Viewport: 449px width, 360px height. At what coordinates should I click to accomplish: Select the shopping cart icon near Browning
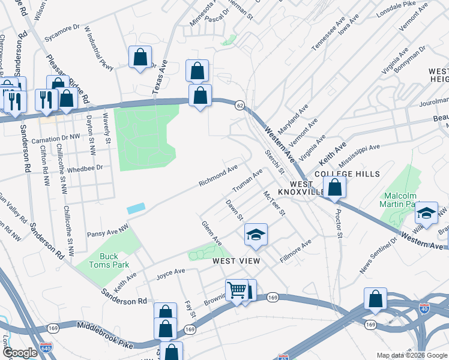237,290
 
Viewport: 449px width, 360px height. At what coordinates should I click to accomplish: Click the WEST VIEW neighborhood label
235,261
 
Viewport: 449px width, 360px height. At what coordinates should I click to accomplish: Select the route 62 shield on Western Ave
240,104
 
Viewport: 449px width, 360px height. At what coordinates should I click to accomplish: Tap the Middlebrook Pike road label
105,328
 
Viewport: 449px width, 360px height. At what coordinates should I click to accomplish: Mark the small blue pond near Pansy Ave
136,208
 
